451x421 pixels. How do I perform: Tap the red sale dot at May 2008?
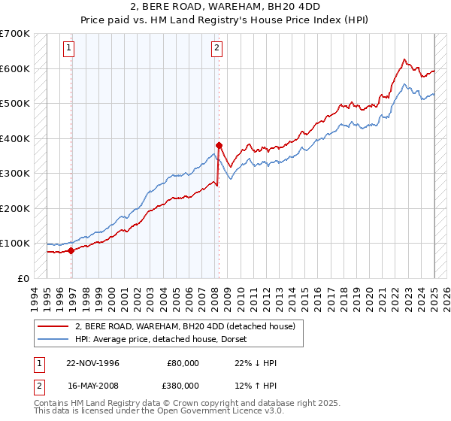(219, 145)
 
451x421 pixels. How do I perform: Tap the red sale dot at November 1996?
(71, 250)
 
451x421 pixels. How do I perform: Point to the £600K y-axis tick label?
(14, 68)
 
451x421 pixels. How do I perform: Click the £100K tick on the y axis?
(14, 244)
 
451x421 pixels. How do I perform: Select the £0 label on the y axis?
(23, 278)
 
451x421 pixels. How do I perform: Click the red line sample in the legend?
(53, 326)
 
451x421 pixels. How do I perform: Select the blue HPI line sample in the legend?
(53, 338)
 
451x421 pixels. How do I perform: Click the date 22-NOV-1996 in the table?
(93, 363)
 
